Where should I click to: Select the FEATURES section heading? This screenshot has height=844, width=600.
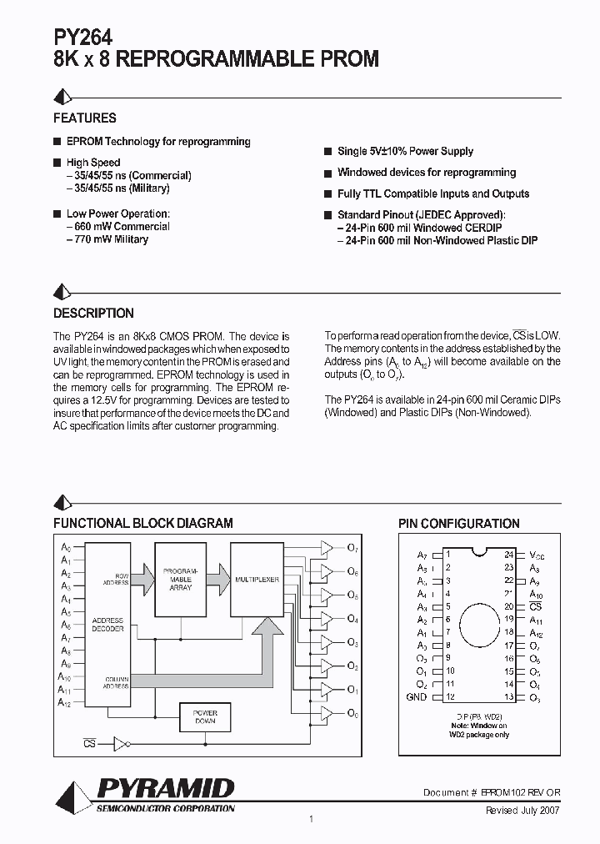[x=85, y=118]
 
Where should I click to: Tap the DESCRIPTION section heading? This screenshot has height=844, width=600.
[x=93, y=314]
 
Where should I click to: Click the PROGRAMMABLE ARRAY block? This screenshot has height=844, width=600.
[x=181, y=578]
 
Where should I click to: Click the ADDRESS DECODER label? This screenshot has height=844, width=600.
[x=108, y=625]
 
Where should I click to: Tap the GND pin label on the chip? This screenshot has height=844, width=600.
[x=416, y=697]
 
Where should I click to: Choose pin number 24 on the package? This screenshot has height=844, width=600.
[x=508, y=554]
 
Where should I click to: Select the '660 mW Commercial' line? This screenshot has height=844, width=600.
[x=118, y=226]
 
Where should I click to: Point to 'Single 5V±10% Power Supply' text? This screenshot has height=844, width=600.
[x=405, y=151]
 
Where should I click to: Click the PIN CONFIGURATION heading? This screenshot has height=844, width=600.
[x=458, y=524]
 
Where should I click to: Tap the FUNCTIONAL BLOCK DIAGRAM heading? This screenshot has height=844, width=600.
[x=143, y=524]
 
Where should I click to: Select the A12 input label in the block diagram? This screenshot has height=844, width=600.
[x=65, y=703]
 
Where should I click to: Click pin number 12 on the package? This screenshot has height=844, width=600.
[x=450, y=697]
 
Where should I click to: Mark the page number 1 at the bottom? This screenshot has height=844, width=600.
[x=311, y=819]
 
